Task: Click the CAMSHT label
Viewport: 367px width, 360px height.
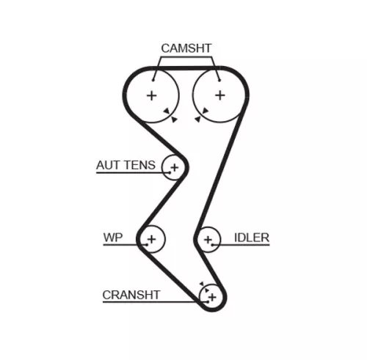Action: [186, 48]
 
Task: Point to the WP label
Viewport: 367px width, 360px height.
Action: [113, 238]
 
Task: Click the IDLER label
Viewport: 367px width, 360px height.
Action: [252, 238]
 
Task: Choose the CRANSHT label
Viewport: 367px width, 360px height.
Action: [131, 295]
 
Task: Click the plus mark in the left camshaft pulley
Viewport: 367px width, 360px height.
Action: [152, 95]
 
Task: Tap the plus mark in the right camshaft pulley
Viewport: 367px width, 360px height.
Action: [220, 95]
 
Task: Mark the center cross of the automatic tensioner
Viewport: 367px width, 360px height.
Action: [175, 168]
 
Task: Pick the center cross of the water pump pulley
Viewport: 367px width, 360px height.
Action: [152, 239]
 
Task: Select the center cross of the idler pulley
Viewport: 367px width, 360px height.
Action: [208, 240]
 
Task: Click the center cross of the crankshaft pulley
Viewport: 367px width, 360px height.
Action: [212, 297]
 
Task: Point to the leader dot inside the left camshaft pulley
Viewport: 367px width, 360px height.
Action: [153, 80]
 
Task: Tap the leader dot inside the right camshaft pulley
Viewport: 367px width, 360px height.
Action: [219, 80]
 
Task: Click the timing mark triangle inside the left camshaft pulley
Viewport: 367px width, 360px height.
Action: [167, 111]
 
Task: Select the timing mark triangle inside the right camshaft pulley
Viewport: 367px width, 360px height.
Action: [205, 111]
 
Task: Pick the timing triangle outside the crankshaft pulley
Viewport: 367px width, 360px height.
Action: [202, 284]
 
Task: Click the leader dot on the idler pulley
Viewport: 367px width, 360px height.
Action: [213, 245]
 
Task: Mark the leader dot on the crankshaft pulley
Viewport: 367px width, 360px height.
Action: [208, 302]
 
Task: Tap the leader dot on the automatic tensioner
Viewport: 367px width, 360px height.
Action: [170, 172]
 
